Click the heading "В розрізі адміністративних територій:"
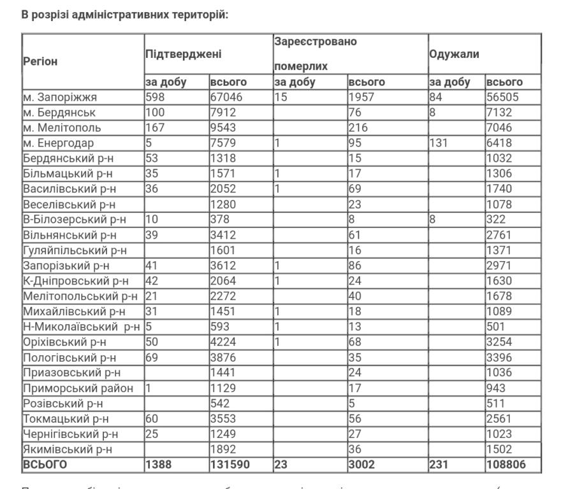pos(125,14)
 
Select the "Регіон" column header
pos(40,62)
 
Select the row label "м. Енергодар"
pos(57,143)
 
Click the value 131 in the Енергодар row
pos(439,143)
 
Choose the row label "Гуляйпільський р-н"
pos(75,250)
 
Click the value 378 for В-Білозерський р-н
pos(220,220)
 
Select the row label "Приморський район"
pos(78,388)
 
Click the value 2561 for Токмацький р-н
pos(499,418)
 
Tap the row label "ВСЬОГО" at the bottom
pos(45,465)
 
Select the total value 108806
pos(506,465)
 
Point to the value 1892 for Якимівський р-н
pos(223,449)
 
